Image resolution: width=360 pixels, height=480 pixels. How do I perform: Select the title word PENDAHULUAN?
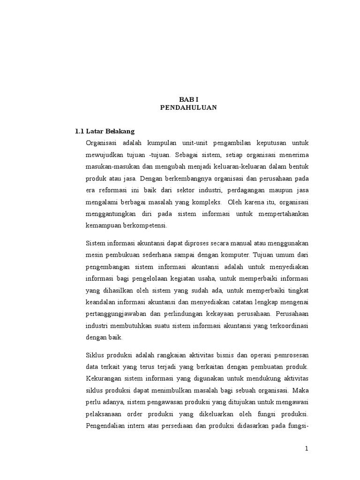(188, 107)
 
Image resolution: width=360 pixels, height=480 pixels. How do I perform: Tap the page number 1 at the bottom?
(307, 449)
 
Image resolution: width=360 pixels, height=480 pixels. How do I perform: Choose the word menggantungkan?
(111, 214)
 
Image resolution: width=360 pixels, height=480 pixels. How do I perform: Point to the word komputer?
(235, 255)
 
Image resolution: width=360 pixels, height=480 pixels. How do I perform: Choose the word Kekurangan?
(105, 378)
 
